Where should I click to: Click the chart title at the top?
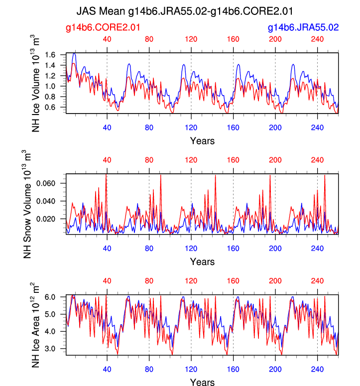tap(185, 10)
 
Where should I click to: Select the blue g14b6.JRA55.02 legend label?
tap(303, 28)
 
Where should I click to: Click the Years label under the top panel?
tap(202, 141)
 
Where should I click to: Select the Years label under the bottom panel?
tap(202, 382)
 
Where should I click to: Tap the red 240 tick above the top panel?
tap(318, 39)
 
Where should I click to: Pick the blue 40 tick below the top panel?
tap(107, 128)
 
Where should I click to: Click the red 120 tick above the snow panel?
tap(191, 160)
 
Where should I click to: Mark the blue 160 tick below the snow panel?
tap(233, 248)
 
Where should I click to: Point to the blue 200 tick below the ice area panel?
tap(275, 369)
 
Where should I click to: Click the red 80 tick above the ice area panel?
tap(149, 281)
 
